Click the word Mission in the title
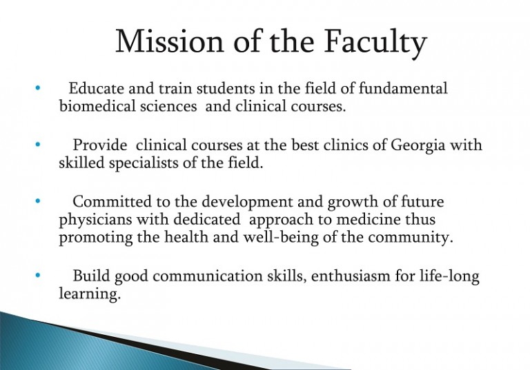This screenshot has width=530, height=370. coord(170,41)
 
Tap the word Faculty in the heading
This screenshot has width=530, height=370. coord(375,44)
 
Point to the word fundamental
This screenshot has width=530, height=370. coord(403,88)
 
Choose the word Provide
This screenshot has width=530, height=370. coord(100,145)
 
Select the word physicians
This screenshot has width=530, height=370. coord(95,220)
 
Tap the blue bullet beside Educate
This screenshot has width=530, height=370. coord(37,88)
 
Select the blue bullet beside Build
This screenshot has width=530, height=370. coord(37,276)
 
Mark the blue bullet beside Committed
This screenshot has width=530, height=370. coord(37,201)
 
